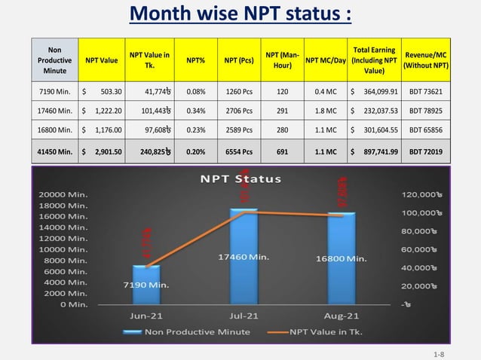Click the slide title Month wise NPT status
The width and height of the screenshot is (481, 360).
[x=240, y=14]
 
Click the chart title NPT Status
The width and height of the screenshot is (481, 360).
[x=240, y=179]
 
